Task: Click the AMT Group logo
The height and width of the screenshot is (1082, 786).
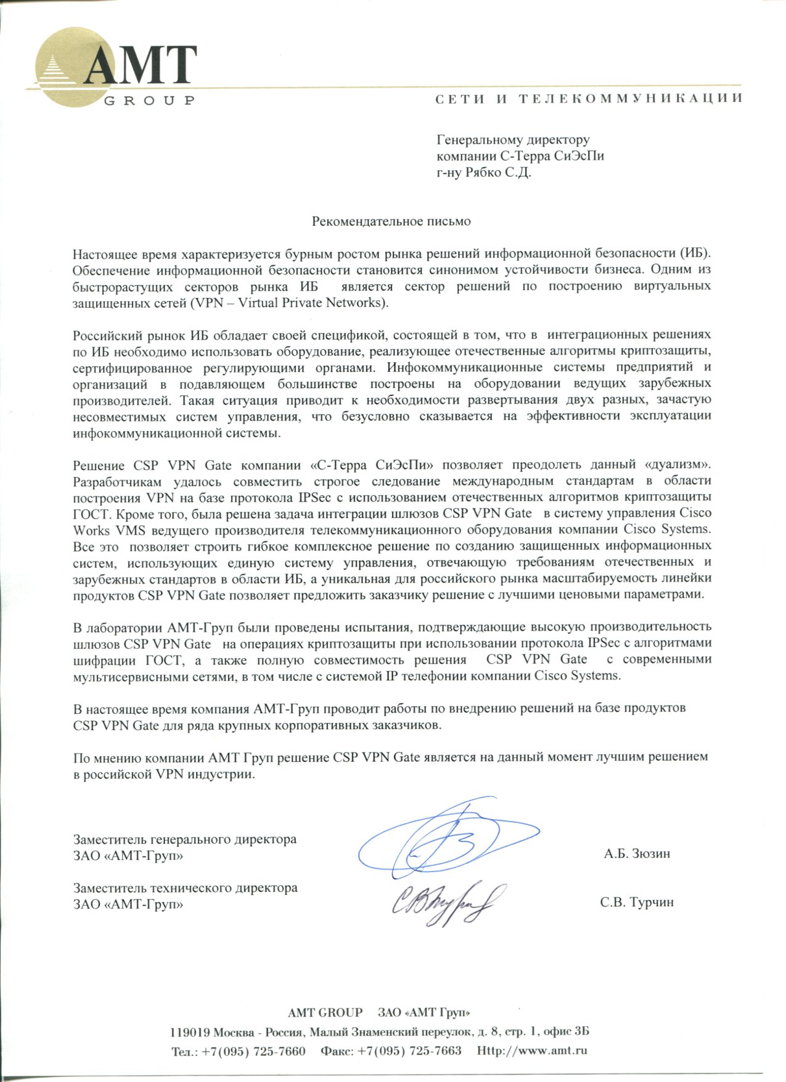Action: pyautogui.click(x=114, y=68)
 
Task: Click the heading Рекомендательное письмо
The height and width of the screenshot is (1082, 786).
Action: pyautogui.click(x=391, y=221)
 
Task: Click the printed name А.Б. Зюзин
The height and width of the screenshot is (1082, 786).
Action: pyautogui.click(x=637, y=854)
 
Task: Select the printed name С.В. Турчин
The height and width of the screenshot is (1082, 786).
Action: pyautogui.click(x=637, y=902)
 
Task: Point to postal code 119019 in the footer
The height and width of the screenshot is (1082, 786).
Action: pyautogui.click(x=190, y=1032)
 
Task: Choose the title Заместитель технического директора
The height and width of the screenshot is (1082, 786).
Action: pyautogui.click(x=185, y=888)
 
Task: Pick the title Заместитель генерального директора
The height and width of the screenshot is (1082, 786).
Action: pyautogui.click(x=184, y=839)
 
